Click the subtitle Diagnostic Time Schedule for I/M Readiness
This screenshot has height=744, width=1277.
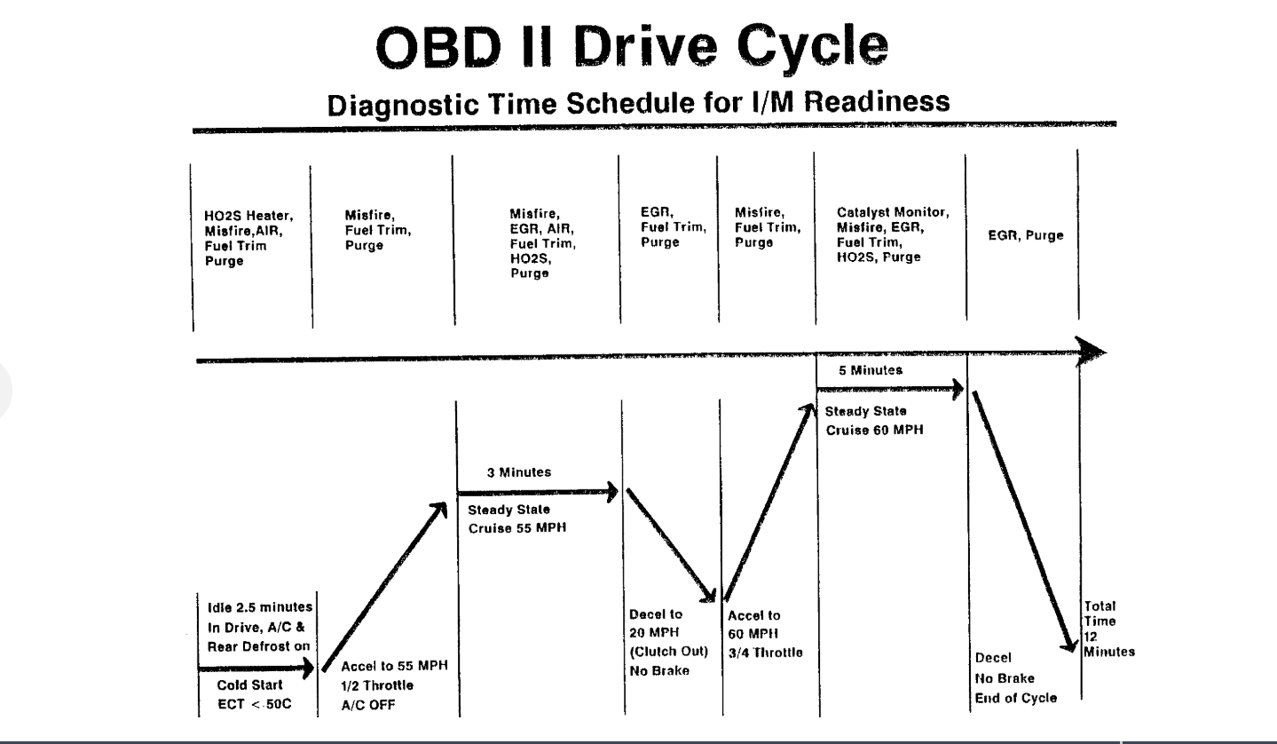(638, 103)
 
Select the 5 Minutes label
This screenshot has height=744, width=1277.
(870, 369)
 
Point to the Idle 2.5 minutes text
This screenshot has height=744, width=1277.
(254, 607)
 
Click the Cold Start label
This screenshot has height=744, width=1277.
(250, 685)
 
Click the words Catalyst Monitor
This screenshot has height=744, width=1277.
(893, 213)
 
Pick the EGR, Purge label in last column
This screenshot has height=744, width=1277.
(1025, 236)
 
